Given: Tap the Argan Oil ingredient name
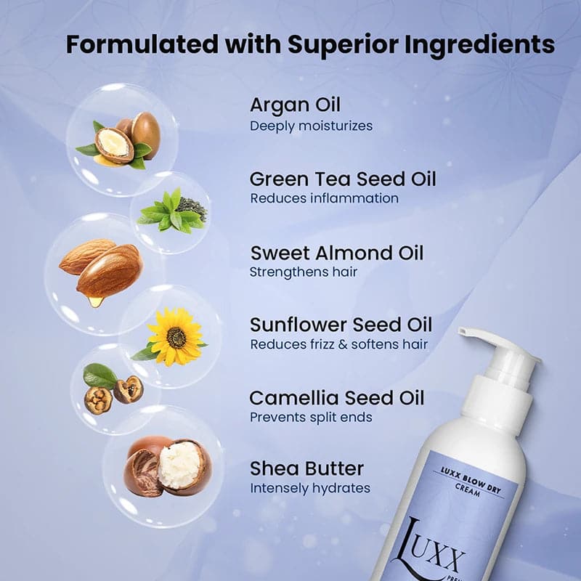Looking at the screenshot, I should pos(295,105).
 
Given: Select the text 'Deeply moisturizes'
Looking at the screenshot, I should pos(311,126).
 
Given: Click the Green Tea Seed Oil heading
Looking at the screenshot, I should pos(343,179).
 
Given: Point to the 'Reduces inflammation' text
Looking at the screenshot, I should pos(324,198).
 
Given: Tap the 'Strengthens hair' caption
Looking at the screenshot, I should pos(304,272).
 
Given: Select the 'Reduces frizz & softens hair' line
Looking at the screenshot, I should pos(339,344).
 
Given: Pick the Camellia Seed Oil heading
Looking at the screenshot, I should pos(337,398).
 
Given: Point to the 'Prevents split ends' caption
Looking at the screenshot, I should pos(312,418).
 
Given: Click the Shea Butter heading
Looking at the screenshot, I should pos(306,468).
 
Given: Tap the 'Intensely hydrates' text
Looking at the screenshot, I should pos(310,488).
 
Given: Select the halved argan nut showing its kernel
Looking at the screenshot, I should pos(114,144).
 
